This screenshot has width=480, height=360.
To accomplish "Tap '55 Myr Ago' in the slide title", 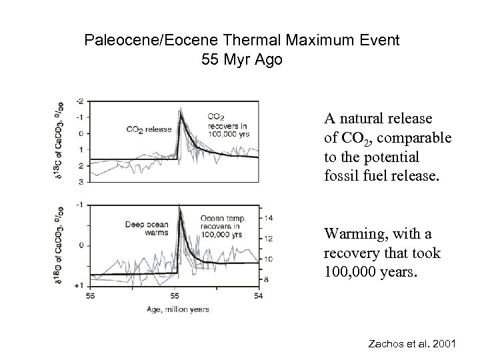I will click(x=241, y=60).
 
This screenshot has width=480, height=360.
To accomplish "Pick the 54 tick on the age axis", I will click(x=259, y=295).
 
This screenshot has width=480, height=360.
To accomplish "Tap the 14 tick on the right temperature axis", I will click(x=269, y=218).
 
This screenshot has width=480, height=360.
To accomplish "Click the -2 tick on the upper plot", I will click(x=80, y=101).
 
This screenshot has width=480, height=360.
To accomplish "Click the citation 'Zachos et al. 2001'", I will click(x=411, y=344).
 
